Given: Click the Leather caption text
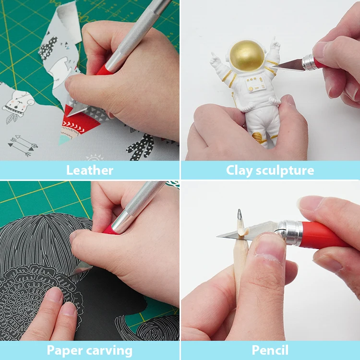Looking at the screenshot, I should click(90, 170).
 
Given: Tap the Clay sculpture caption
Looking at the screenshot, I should click(270, 170).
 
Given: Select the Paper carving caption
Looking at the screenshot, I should click(90, 350).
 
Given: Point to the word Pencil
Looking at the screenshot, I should click(270, 350).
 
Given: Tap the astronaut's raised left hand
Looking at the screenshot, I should click(216, 60).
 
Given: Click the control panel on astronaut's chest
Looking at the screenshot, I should click(254, 85).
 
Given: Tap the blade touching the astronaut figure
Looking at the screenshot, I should click(288, 66).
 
